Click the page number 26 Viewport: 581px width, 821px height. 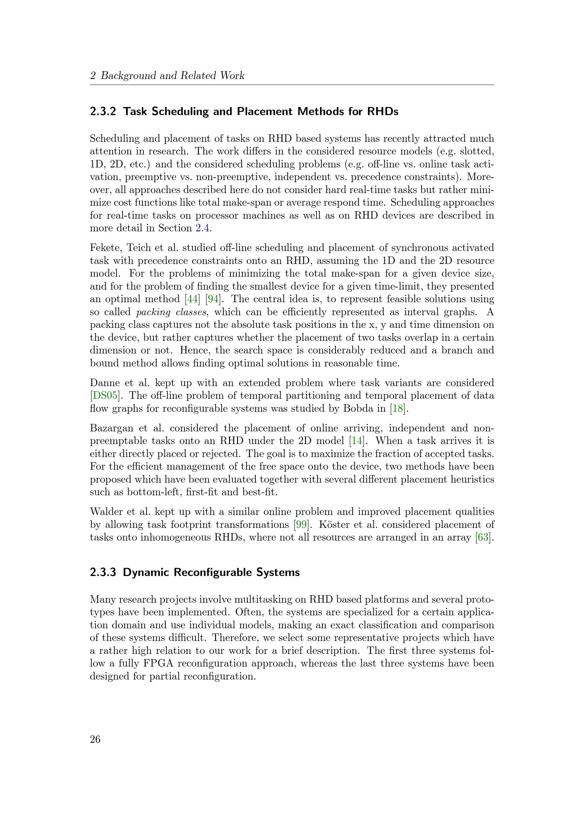pos(95,739)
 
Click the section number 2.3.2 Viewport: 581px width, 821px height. pos(103,112)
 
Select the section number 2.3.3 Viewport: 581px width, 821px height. pos(103,572)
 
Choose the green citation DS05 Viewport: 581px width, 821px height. pos(105,396)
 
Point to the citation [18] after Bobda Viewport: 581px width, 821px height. pos(398,408)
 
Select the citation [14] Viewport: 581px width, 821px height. pos(357,441)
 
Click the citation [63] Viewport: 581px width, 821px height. pos(483,537)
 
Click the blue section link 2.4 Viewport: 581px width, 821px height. pos(202,228)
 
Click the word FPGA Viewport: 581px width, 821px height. pos(158,663)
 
